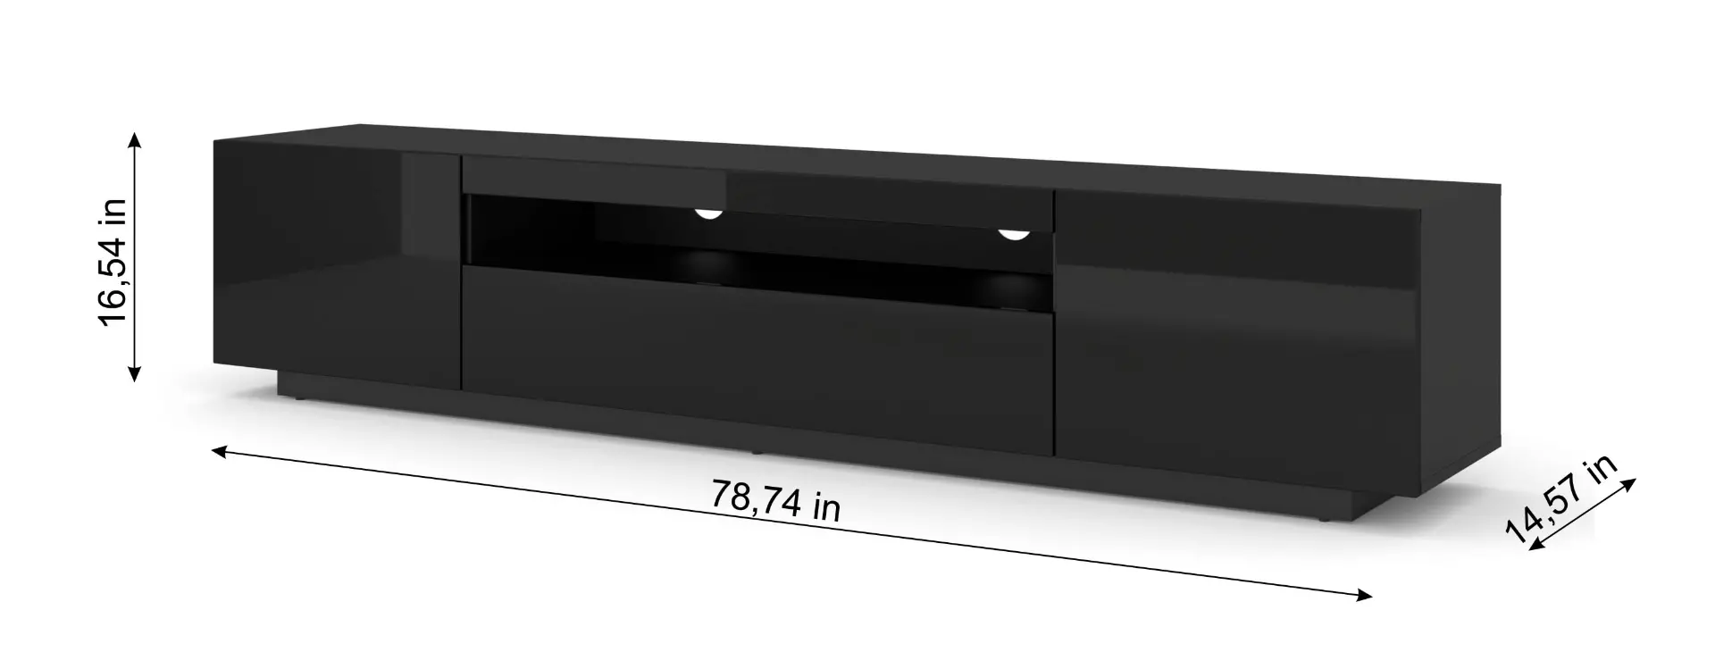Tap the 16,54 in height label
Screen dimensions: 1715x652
[115, 261]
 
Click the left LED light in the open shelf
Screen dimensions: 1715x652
[708, 213]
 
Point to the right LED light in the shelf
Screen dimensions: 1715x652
[1014, 234]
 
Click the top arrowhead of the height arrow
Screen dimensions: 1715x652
[134, 140]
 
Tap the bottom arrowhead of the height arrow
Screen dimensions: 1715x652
[134, 372]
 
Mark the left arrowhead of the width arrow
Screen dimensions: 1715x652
[222, 452]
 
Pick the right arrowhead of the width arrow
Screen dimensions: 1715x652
[1362, 595]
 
